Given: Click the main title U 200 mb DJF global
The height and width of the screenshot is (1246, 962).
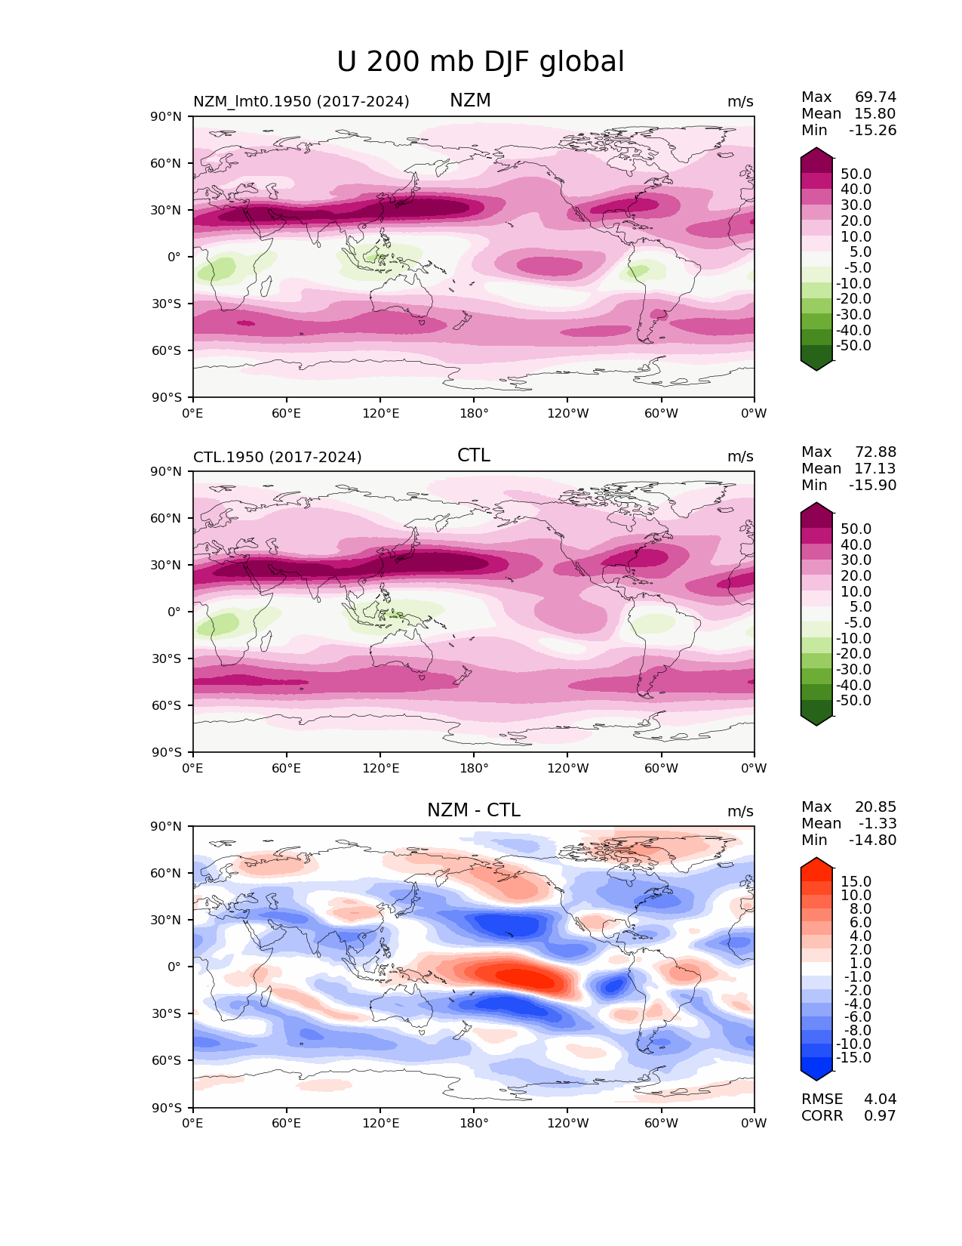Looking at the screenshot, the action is tap(480, 62).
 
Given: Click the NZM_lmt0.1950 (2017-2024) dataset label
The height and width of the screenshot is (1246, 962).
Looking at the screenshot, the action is tap(301, 101).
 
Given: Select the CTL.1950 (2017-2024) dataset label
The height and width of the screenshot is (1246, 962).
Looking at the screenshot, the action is tap(278, 457).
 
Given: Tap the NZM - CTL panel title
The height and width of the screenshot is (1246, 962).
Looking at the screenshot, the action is tap(474, 810).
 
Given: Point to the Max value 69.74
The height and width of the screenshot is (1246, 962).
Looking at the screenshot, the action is tap(875, 97).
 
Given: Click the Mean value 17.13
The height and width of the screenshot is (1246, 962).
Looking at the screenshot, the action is tap(875, 468).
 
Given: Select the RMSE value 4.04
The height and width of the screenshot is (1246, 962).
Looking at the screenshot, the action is tap(880, 1099).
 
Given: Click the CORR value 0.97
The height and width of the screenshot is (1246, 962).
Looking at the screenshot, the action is tap(880, 1115).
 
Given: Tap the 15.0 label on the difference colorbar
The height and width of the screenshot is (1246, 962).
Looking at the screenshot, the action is tap(856, 881).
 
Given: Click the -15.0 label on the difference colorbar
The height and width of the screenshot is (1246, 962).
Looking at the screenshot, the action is tap(853, 1057).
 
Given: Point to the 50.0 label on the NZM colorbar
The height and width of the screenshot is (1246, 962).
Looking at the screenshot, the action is tap(856, 174).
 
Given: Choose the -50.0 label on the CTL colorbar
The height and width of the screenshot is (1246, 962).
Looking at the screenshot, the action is tap(853, 700).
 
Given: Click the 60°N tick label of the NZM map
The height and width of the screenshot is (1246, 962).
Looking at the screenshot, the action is tap(165, 163).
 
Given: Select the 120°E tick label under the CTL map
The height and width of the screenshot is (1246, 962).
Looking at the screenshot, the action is tap(380, 768).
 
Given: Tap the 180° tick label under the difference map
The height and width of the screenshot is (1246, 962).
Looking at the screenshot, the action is tap(474, 1123).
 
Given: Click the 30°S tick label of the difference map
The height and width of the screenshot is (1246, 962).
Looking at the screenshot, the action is tap(166, 1013).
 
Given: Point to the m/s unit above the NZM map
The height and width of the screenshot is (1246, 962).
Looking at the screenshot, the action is tap(740, 102).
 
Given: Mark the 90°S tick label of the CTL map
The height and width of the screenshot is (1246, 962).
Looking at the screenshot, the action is tap(166, 752).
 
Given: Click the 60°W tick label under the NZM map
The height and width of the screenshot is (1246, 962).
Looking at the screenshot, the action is tap(661, 413).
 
